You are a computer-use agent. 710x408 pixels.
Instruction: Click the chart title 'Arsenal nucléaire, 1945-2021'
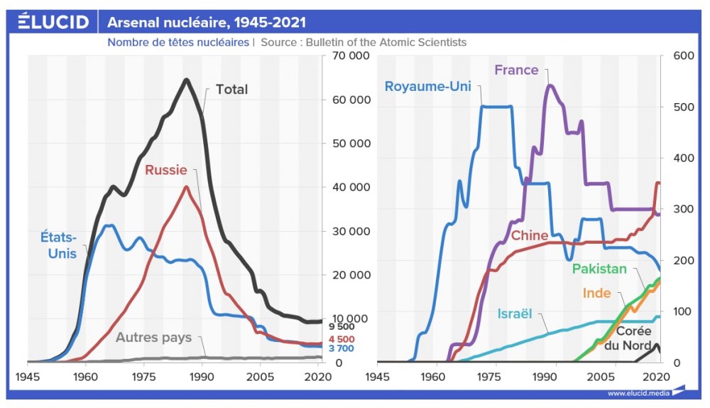point(207,23)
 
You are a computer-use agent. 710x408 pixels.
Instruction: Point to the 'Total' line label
point(231,90)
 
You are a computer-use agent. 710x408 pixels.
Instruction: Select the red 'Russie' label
point(165,170)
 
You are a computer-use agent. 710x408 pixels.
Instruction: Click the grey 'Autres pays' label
point(153,338)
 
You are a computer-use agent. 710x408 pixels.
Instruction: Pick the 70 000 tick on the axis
point(350,55)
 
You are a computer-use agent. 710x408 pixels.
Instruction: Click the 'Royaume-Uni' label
point(427,87)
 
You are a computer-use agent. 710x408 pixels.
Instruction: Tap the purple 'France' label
point(516,70)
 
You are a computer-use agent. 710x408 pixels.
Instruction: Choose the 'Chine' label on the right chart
point(529,235)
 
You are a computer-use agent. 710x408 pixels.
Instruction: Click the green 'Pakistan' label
point(599,269)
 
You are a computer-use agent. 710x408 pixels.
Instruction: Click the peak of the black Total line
point(187,79)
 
